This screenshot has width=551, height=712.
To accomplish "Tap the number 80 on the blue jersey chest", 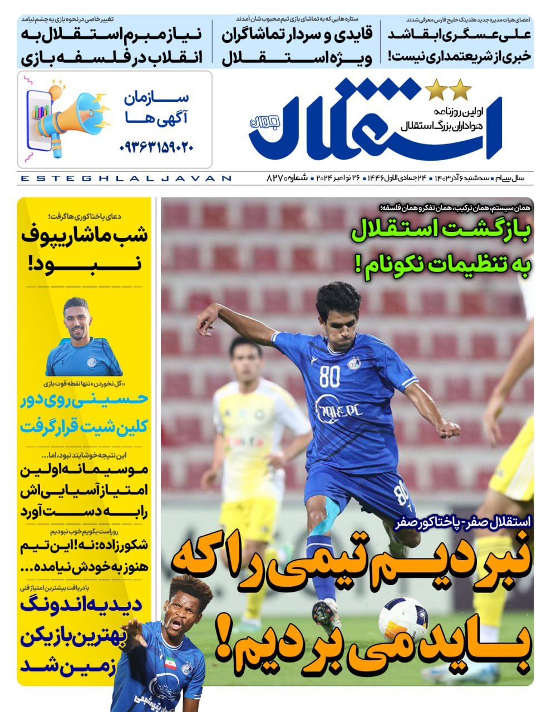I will (329, 377).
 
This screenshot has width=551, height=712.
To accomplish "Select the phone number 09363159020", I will (157, 147).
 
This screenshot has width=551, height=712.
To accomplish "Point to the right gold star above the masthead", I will (461, 88).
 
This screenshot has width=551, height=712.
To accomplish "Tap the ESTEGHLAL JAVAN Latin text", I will (125, 179).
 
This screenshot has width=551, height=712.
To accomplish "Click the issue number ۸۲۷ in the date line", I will (275, 179).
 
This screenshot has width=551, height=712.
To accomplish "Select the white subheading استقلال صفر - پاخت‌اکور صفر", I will (464, 523).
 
